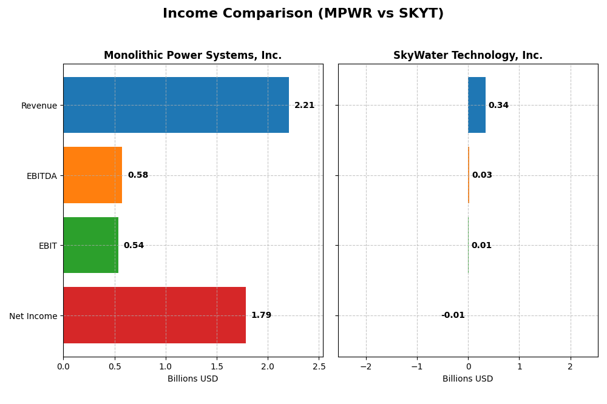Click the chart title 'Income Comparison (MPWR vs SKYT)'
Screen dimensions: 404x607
click(x=303, y=13)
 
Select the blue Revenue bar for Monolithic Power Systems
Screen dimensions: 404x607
click(x=176, y=105)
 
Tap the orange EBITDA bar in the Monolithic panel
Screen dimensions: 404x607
click(x=93, y=175)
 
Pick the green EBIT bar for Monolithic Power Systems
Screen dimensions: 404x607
click(x=90, y=245)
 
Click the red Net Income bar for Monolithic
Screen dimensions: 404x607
click(x=154, y=315)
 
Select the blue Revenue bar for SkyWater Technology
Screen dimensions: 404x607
click(x=476, y=105)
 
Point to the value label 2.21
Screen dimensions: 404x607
click(x=304, y=106)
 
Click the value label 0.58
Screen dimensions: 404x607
click(x=138, y=175)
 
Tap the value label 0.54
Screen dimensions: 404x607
click(x=134, y=246)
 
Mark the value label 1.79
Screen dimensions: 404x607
click(x=261, y=315)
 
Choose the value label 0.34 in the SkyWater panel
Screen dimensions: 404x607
click(x=498, y=106)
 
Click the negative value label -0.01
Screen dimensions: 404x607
click(x=453, y=315)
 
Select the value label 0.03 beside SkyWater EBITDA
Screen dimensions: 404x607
click(x=482, y=175)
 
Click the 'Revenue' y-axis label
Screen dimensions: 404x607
click(x=39, y=106)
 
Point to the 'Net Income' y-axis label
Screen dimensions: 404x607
click(x=33, y=316)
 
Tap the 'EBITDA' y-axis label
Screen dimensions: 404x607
click(x=41, y=176)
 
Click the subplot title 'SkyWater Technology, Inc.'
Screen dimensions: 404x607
click(x=467, y=56)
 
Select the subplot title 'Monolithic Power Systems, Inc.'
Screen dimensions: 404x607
click(x=192, y=56)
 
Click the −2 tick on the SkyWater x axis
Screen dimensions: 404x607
click(x=365, y=366)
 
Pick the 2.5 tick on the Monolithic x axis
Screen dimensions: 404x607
click(x=319, y=366)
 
